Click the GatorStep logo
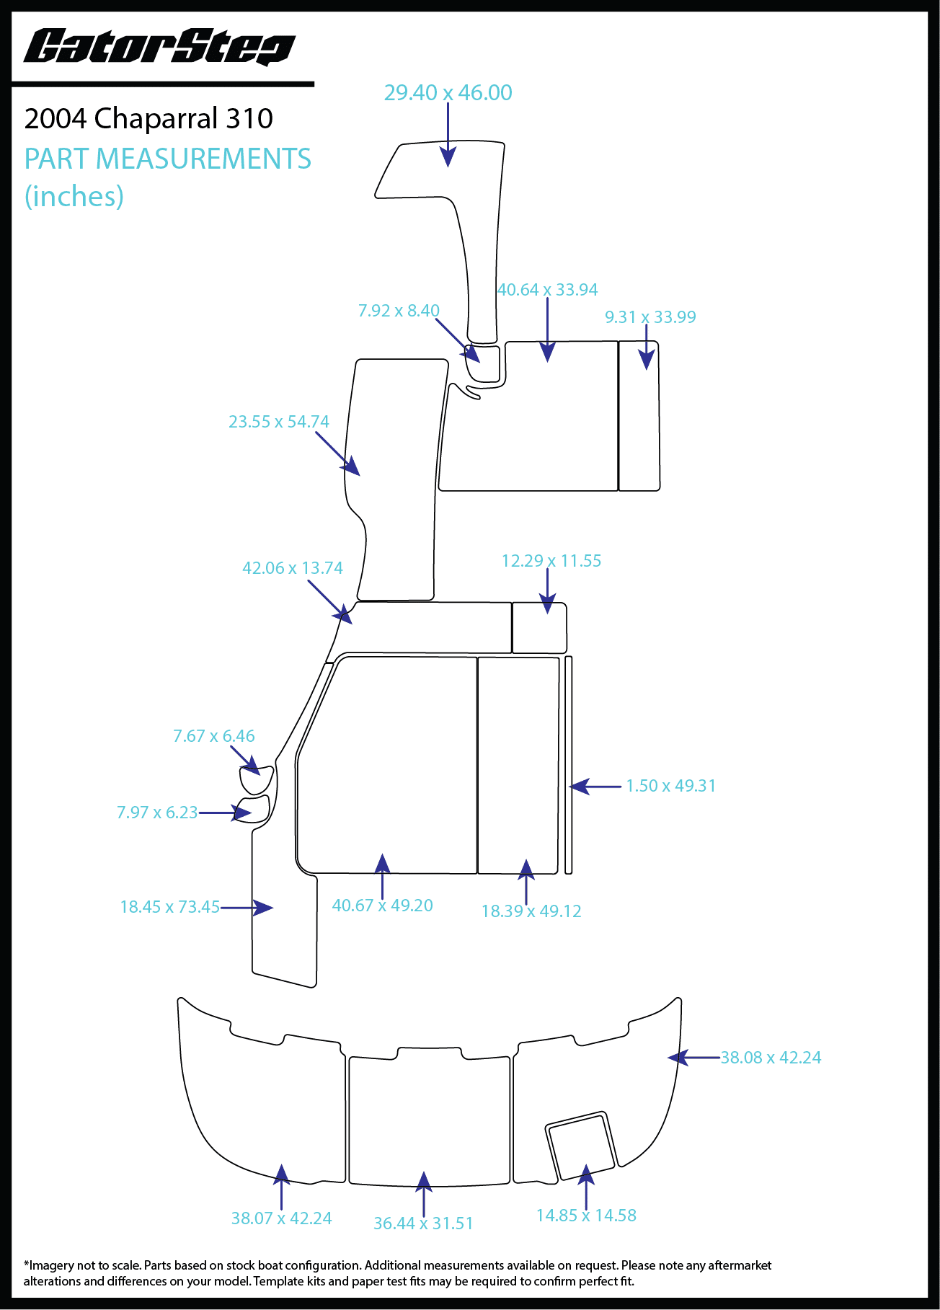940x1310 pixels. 159,48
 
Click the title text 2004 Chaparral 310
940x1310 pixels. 148,119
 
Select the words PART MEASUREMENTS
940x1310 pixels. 167,159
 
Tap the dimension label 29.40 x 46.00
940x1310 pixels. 448,93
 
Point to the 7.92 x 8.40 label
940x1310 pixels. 399,311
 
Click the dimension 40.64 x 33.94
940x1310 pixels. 547,290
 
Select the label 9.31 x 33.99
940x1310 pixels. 650,317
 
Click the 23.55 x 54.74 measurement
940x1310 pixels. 278,422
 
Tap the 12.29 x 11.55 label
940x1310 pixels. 551,561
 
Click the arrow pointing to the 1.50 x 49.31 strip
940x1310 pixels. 595,787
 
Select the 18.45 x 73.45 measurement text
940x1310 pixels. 169,907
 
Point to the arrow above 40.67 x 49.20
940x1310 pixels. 382,875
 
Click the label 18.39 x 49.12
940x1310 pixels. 531,911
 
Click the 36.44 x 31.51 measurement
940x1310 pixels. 423,1223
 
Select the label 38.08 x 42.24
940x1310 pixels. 771,1058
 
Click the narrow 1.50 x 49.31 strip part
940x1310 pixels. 569,764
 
